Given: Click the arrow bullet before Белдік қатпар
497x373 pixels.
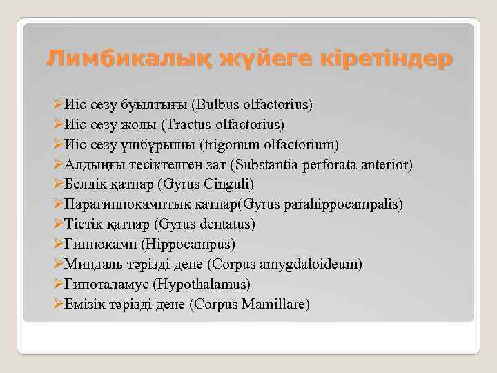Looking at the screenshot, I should click(x=57, y=184).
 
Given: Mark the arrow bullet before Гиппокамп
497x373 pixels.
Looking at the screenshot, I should click(x=57, y=245).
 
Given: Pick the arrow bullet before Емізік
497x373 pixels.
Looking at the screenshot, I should click(x=57, y=304).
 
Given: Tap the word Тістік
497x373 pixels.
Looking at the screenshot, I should click(x=81, y=224).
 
